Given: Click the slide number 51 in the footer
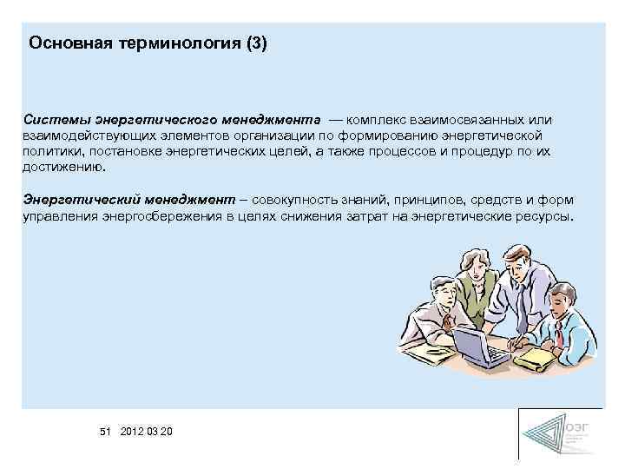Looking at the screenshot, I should (106, 431).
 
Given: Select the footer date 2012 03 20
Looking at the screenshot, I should (147, 431).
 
